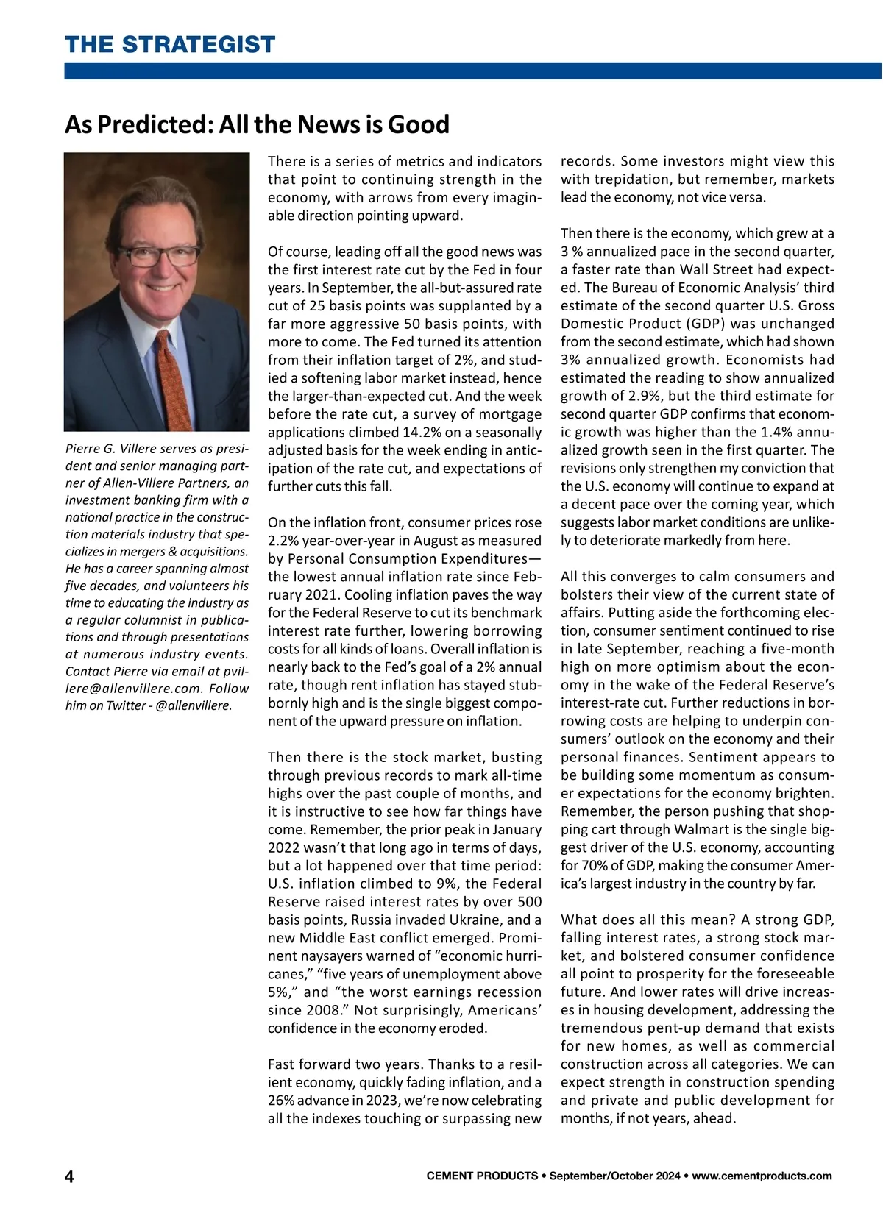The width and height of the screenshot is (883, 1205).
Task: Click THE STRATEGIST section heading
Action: tap(170, 44)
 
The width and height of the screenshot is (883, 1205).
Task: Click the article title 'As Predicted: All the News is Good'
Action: tap(257, 124)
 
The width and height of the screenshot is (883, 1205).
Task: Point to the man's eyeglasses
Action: tap(160, 255)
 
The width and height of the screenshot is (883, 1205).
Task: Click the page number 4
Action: tap(69, 1176)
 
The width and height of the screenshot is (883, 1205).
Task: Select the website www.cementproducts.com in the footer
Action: tap(762, 1176)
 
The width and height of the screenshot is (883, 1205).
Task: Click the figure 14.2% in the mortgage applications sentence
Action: tap(421, 432)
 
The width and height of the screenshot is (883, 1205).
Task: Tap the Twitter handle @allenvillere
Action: tap(194, 705)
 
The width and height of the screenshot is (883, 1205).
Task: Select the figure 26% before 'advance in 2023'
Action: tap(280, 1100)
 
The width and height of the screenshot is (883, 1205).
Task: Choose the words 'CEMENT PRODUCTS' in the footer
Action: tap(482, 1176)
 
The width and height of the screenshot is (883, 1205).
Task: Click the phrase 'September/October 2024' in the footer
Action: tap(615, 1176)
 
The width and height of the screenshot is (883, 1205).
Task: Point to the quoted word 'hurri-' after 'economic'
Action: tap(519, 956)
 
